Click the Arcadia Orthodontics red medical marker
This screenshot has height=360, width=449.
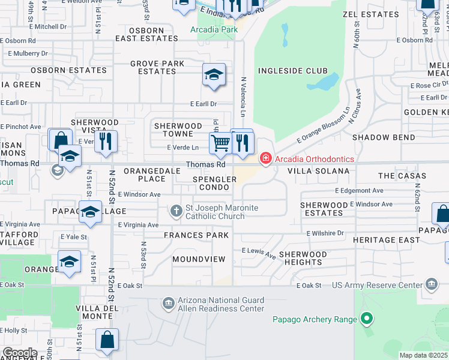click(265, 158)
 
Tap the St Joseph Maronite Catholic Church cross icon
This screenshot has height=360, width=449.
click(176, 211)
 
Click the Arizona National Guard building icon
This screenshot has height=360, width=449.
click(167, 303)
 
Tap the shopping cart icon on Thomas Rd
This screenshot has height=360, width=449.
click(220, 143)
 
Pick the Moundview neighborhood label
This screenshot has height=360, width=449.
click(199, 259)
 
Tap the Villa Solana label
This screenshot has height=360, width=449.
click(318, 171)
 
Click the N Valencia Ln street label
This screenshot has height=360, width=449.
click(244, 97)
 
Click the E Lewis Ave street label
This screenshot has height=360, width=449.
click(259, 253)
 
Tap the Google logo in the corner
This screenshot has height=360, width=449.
click(19, 353)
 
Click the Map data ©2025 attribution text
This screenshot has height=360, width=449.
click(423, 355)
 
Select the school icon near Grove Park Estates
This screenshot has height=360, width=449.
click(213, 74)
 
